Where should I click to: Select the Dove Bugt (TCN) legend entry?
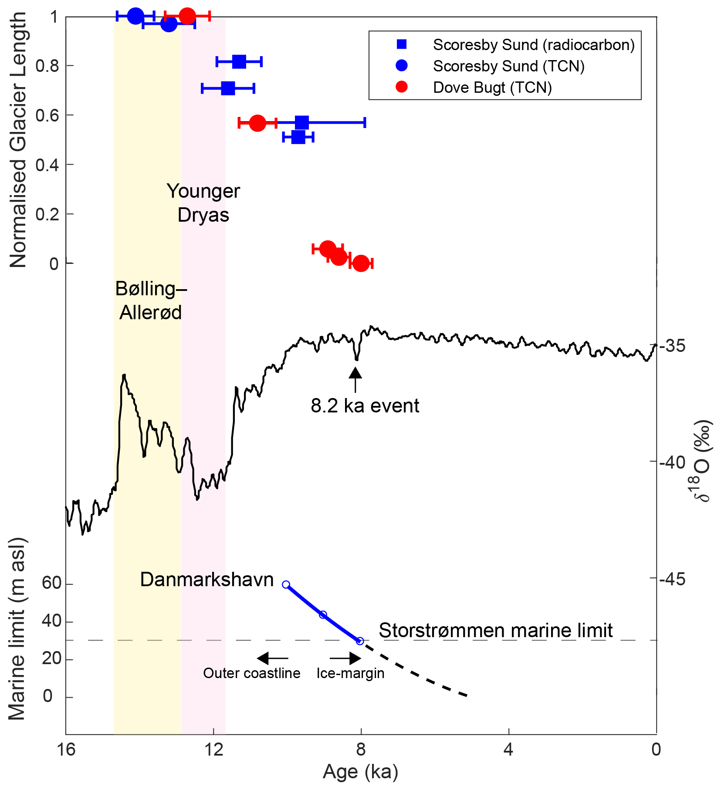492,88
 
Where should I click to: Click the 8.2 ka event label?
365,406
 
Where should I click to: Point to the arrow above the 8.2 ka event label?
355,379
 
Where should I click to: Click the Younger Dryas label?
203,203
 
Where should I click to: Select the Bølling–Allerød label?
151,300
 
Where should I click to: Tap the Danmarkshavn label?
207,580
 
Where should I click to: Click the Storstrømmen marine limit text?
495,630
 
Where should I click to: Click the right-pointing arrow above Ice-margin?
345,658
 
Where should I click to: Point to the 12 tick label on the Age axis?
213,749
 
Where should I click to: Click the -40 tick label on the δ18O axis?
673,462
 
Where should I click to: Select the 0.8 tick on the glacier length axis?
47,66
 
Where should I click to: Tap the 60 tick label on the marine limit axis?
51,583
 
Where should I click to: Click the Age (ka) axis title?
360,772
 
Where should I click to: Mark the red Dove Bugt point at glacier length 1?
187,16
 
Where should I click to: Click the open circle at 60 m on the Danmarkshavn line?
286,584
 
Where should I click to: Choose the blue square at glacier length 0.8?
239,61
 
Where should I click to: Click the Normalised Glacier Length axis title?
18,139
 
